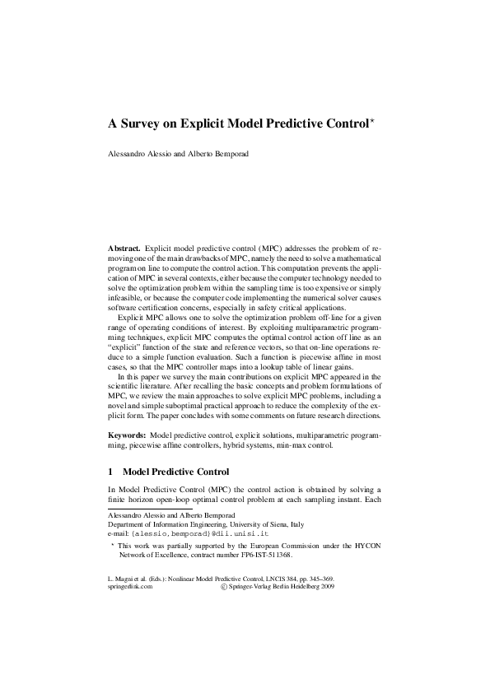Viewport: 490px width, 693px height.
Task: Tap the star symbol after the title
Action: (372, 122)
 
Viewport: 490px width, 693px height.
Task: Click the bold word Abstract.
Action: (124, 248)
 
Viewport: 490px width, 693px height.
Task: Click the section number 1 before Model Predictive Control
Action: (111, 472)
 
